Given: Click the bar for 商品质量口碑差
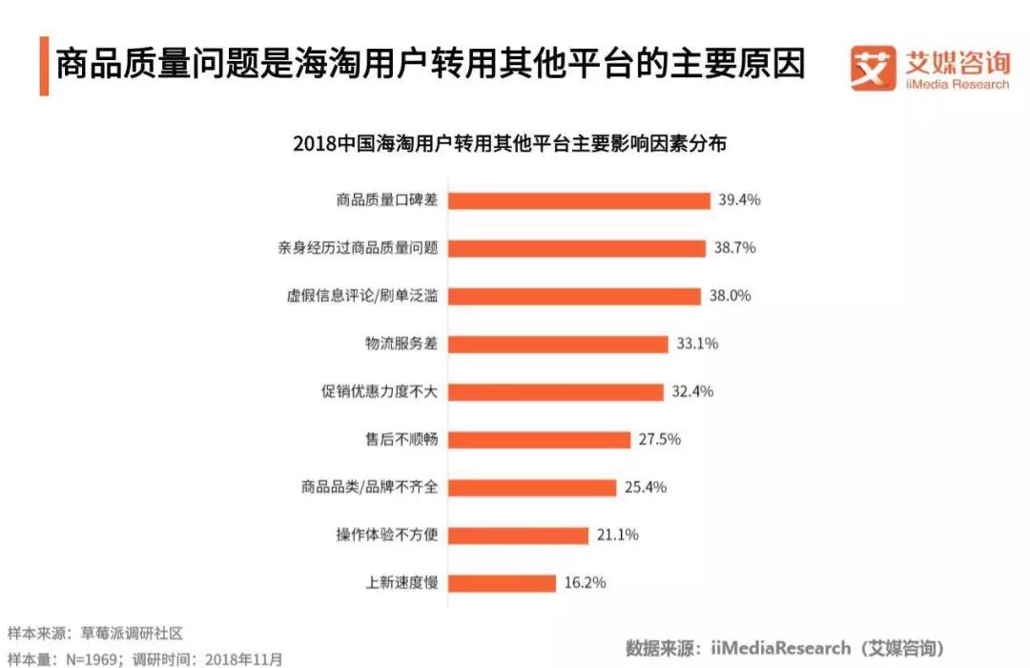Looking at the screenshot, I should [579, 200].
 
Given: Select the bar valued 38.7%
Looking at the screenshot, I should [576, 248].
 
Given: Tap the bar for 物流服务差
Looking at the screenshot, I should [557, 344].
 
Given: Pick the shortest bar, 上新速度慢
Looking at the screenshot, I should [502, 582].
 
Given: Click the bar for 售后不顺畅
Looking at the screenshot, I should [539, 439].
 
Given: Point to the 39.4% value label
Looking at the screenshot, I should [739, 200].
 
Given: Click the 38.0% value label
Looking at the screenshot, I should [730, 296].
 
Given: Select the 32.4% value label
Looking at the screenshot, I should [692, 391].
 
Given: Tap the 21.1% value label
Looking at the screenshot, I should [617, 534].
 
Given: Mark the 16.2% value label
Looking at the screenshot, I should [584, 582].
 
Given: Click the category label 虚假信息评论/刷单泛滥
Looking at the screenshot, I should [362, 296].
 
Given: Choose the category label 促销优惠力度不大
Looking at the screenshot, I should [380, 391].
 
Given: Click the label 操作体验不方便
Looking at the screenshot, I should [387, 534].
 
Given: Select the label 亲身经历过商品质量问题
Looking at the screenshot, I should [358, 248].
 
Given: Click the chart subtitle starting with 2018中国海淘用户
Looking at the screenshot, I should [509, 144].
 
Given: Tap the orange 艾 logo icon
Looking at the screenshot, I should [874, 67].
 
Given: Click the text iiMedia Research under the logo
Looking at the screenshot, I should [957, 84].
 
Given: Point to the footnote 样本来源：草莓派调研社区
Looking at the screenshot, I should [94, 633].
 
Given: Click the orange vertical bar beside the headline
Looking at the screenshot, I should [44, 65].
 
